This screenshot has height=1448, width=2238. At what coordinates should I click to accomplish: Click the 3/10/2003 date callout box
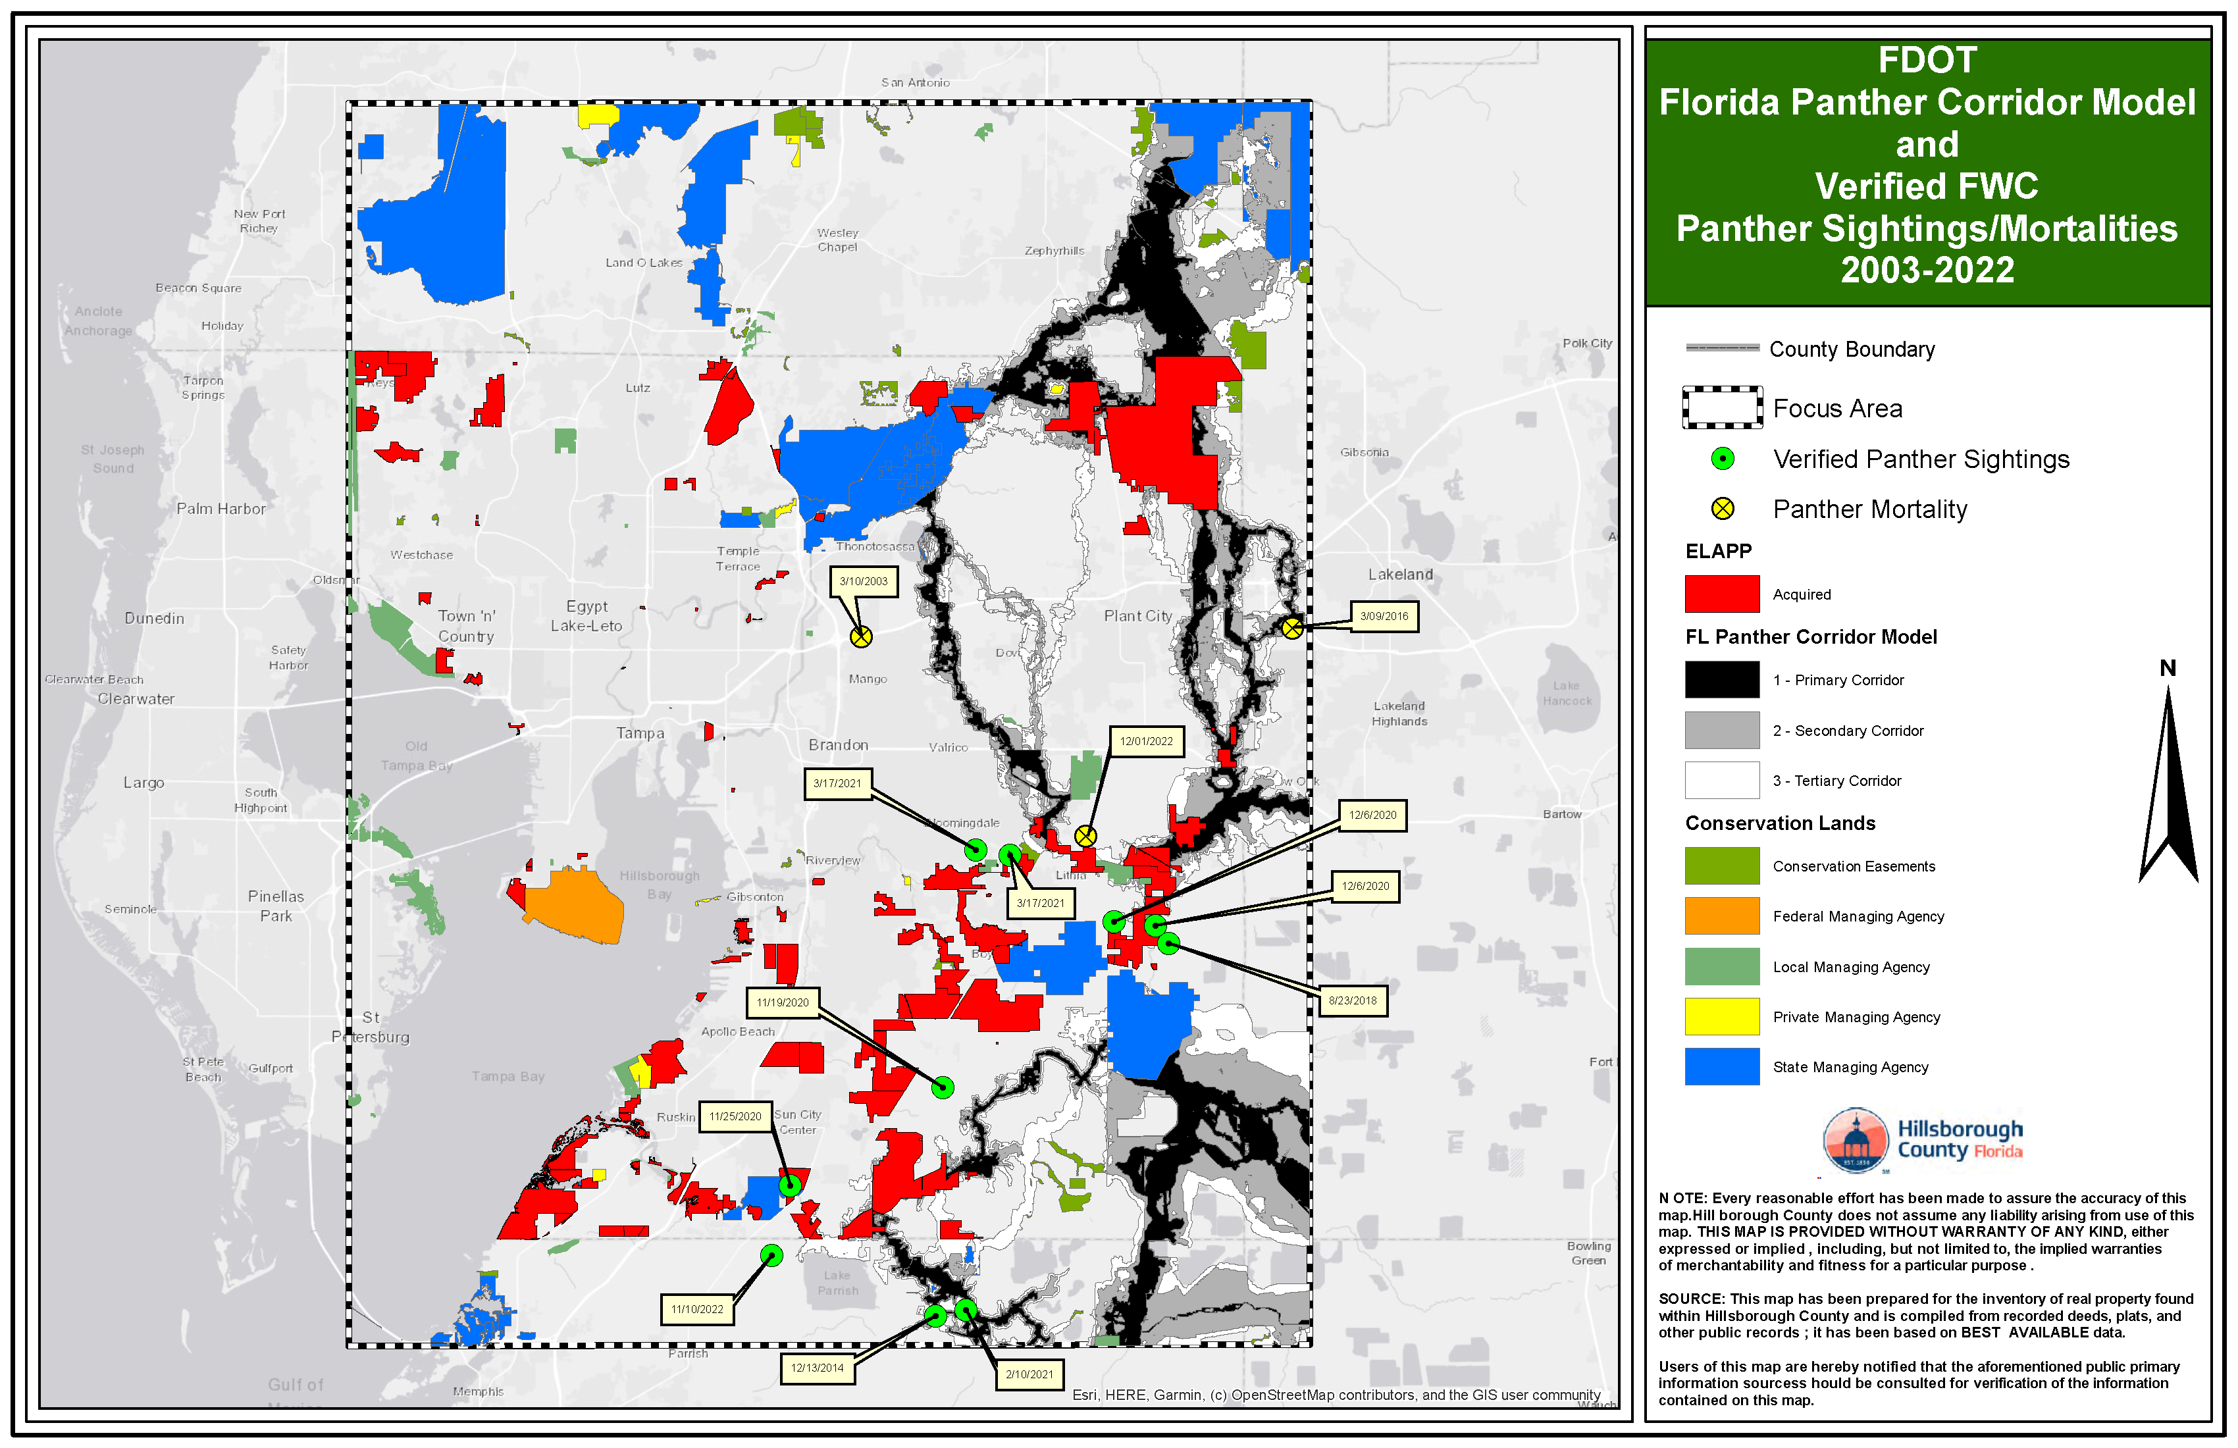click(x=863, y=581)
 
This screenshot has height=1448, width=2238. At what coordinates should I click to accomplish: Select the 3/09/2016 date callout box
click(x=1383, y=616)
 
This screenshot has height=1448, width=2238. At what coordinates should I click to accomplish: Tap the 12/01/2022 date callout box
click(x=1145, y=741)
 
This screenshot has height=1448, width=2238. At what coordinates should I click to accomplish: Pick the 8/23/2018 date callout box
click(x=1352, y=1000)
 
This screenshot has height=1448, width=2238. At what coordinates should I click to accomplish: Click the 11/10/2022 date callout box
click(x=697, y=1309)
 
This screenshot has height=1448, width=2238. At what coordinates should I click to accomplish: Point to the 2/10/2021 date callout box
click(x=1029, y=1374)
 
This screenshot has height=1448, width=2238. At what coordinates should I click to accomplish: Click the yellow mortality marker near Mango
click(x=860, y=636)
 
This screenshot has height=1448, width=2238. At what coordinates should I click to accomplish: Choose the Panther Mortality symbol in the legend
click(x=1722, y=509)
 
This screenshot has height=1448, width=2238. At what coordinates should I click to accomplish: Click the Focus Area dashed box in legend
click(x=1722, y=408)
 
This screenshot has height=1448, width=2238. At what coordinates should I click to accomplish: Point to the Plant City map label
click(x=1138, y=616)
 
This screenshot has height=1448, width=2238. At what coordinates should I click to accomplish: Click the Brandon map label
click(x=838, y=744)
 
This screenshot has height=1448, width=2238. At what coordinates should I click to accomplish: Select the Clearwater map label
click(x=136, y=698)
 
